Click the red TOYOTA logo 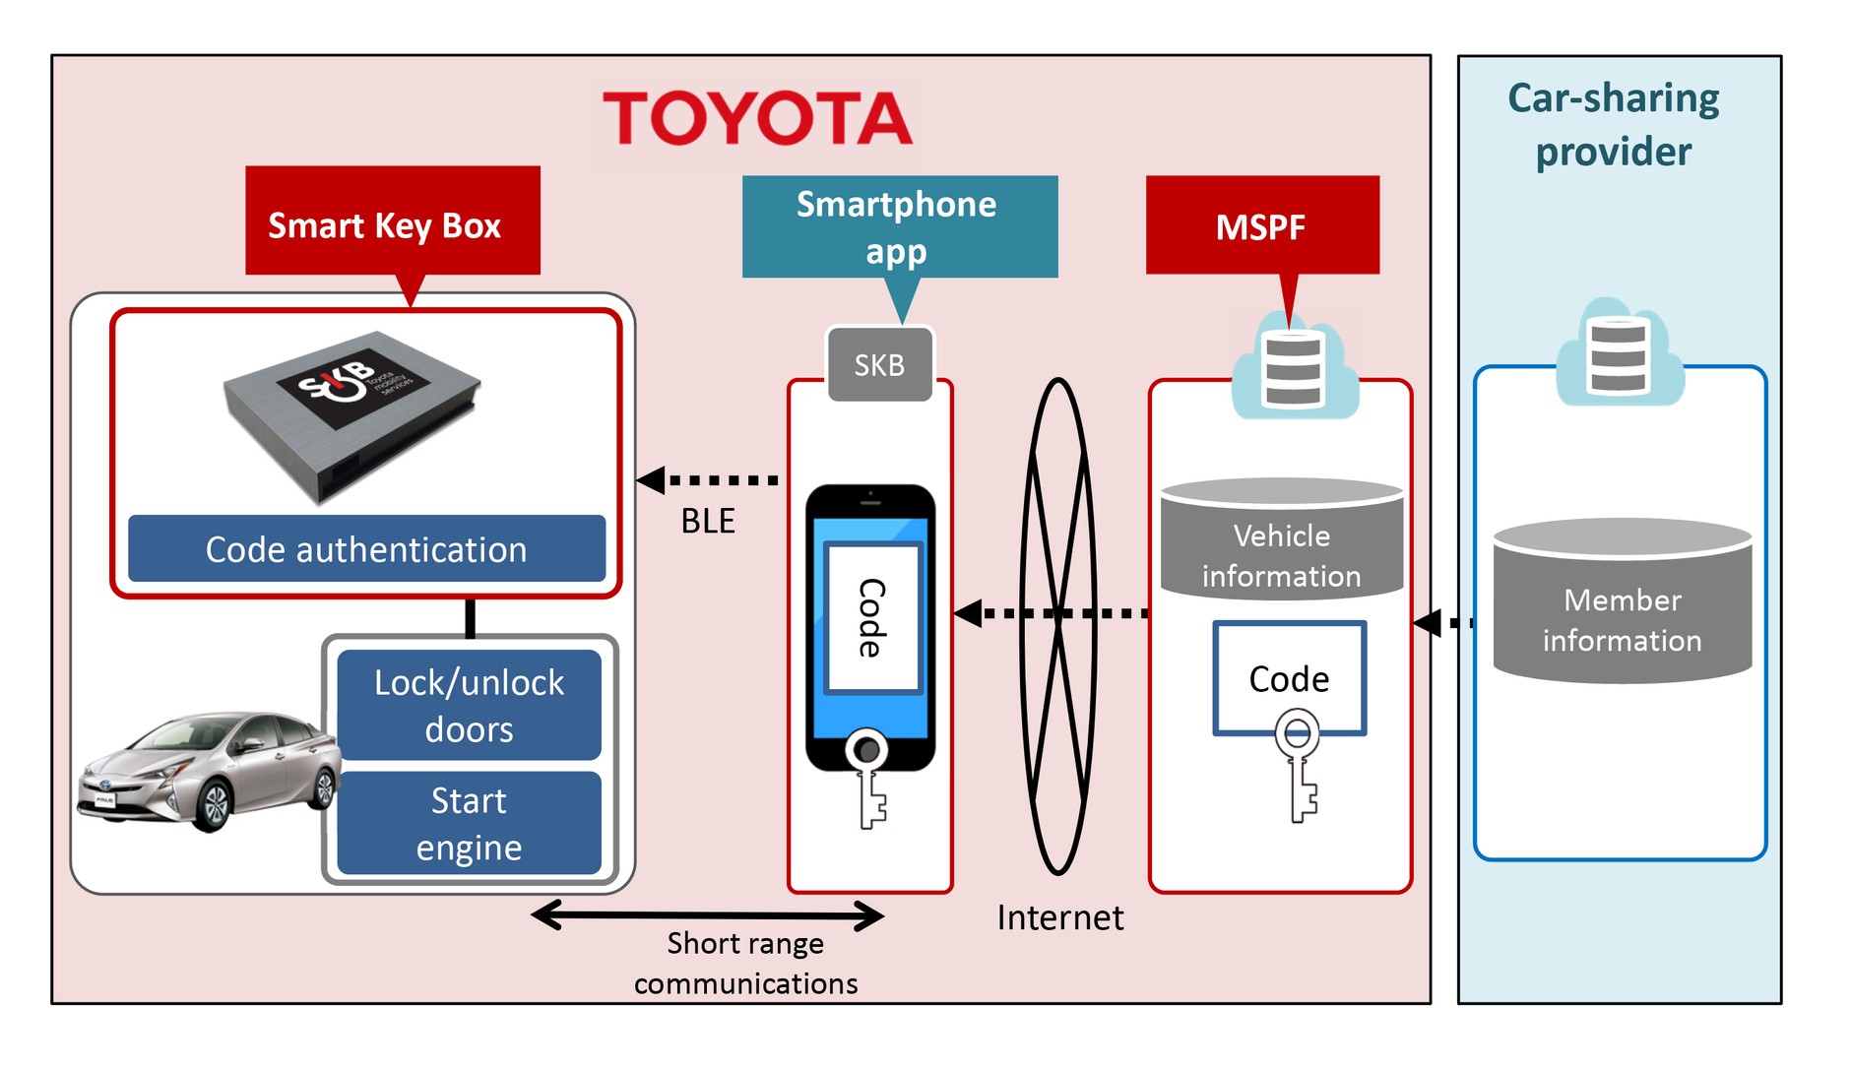click(756, 119)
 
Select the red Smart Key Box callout click(392, 224)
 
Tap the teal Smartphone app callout click(898, 226)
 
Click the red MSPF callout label click(1261, 226)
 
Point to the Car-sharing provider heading click(1614, 125)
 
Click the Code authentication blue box click(366, 549)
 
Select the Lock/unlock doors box click(469, 705)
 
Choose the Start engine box click(469, 823)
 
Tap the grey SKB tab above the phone click(879, 365)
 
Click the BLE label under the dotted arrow click(708, 521)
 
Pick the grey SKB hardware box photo click(351, 413)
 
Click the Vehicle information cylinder click(1281, 541)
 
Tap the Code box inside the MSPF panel click(1289, 678)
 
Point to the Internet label click(1059, 917)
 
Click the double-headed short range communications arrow click(707, 915)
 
